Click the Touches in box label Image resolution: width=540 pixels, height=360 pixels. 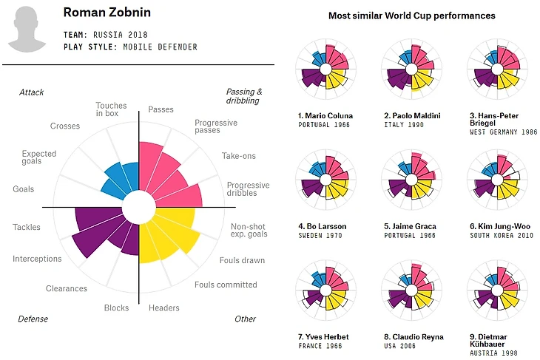click(x=111, y=110)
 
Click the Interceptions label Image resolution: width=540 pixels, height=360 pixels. click(x=37, y=259)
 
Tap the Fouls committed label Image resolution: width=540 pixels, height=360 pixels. click(x=226, y=285)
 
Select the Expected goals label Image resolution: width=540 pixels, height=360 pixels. click(x=39, y=159)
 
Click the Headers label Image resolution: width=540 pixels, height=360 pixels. click(x=163, y=308)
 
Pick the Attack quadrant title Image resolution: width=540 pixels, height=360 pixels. click(x=32, y=92)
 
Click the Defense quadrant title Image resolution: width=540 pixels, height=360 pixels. click(x=33, y=319)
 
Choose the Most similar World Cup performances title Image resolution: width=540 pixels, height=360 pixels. click(x=411, y=16)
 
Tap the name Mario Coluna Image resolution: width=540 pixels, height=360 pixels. click(x=325, y=116)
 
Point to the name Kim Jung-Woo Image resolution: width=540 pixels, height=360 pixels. click(x=499, y=226)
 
